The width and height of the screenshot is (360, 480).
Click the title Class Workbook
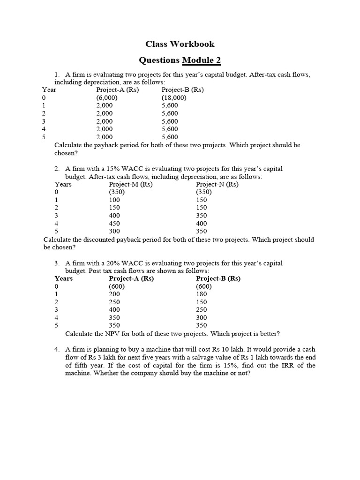[180, 44]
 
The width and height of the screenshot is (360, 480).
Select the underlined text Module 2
[201, 60]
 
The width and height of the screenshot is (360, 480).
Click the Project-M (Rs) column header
[131, 184]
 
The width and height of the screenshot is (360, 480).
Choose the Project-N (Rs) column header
[217, 184]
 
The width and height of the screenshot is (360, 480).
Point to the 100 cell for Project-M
[114, 200]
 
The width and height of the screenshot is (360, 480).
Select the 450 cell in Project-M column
[114, 224]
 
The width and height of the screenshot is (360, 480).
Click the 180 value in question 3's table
[202, 294]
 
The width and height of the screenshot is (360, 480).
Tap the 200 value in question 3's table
[114, 294]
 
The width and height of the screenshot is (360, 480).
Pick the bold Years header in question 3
[64, 278]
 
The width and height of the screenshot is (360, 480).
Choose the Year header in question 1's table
[49, 90]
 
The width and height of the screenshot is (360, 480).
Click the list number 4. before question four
[57, 350]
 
